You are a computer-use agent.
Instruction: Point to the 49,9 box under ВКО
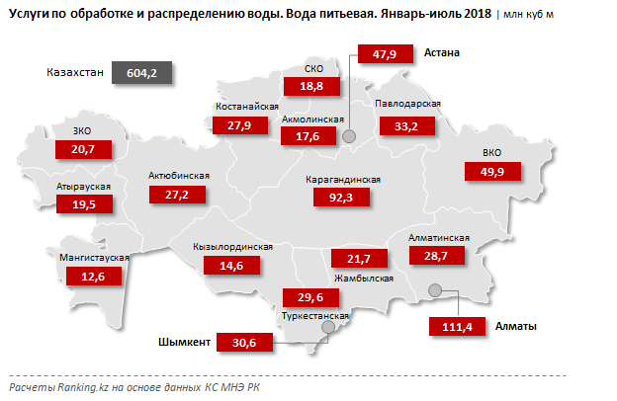492,172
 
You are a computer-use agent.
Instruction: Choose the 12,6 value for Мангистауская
93,277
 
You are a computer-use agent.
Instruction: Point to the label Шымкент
185,343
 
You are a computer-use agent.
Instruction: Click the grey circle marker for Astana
349,138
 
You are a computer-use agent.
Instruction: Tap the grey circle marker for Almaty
434,289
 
